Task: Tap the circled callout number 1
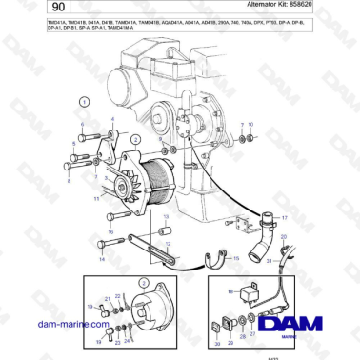pos(84,99)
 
